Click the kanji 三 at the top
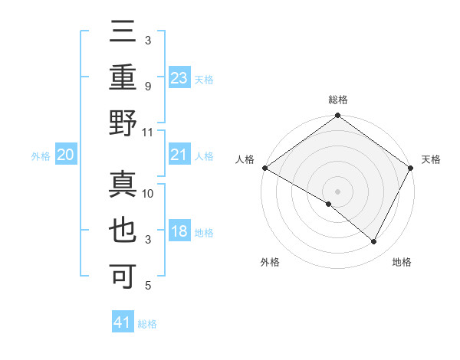tap(123, 32)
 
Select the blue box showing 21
tap(179, 155)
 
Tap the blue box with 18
tap(179, 232)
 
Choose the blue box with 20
tap(65, 155)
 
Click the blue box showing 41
tap(123, 322)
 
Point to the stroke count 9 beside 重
tap(148, 86)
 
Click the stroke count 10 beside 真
tap(149, 194)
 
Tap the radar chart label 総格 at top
tap(337, 100)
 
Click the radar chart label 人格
tap(245, 159)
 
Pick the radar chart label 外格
tap(269, 262)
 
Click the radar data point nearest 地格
tap(374, 242)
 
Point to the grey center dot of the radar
tap(337, 191)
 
